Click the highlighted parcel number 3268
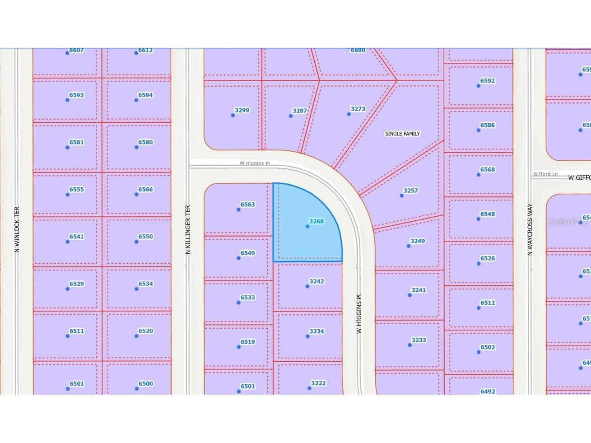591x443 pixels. tap(316, 221)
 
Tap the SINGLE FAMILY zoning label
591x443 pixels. tap(402, 134)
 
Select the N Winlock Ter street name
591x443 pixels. tap(17, 229)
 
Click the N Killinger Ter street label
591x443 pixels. tap(188, 229)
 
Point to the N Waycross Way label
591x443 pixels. tap(531, 229)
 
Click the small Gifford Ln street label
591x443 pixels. tap(545, 174)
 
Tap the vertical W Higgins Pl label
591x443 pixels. tap(359, 313)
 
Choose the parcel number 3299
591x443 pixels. tap(242, 110)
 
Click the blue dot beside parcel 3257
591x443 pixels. tap(401, 196)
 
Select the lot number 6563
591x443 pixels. tap(247, 205)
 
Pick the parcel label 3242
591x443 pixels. tap(316, 281)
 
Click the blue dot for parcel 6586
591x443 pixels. tap(479, 131)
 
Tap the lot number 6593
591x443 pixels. tap(76, 95)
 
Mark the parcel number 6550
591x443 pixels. tap(145, 237)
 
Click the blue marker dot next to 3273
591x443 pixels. tap(349, 114)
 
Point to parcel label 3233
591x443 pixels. tap(419, 340)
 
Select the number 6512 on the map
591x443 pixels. tap(488, 303)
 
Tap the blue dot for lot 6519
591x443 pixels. tap(239, 347)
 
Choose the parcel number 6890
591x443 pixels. tap(358, 51)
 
